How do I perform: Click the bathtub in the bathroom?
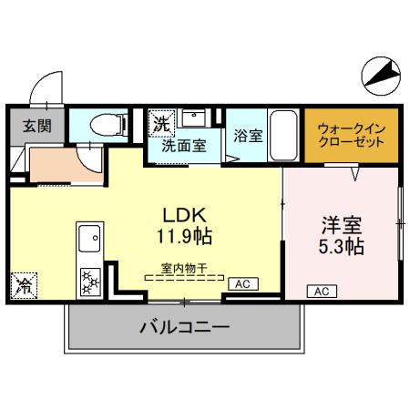point(282,136)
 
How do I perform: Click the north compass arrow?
point(382,72)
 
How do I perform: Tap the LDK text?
point(187,215)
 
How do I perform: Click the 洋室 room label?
point(342,224)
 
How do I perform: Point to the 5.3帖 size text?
point(342,247)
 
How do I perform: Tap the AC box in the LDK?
point(242,285)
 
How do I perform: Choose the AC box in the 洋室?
point(320,292)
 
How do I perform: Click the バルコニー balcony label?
point(184,327)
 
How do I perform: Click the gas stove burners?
point(90,279)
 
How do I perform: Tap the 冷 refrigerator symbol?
point(23,285)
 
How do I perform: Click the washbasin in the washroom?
point(192,118)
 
